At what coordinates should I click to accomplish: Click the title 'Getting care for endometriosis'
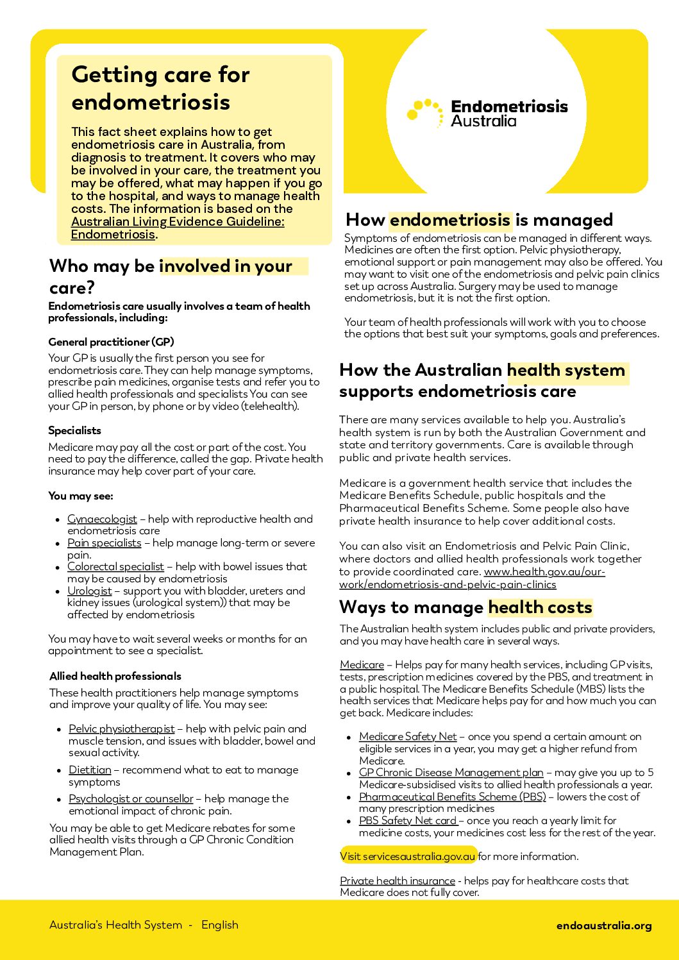coord(160,88)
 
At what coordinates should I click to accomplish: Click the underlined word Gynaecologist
coord(102,519)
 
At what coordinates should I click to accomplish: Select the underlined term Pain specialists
coord(104,543)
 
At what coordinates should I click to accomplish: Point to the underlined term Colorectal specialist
coord(115,566)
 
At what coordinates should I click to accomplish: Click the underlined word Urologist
coord(89,591)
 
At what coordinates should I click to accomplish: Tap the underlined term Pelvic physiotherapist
coord(121,728)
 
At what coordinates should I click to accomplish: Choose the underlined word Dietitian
coord(90,770)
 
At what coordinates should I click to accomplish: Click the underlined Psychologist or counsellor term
coord(131,798)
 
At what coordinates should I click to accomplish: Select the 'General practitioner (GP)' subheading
coord(111,342)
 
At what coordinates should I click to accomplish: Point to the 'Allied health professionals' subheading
coord(115,676)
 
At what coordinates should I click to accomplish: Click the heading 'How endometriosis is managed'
coord(479,220)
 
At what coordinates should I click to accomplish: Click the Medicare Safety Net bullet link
coord(408,736)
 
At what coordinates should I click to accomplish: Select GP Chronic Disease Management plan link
coord(451,772)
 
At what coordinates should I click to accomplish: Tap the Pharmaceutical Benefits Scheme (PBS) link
coord(452,796)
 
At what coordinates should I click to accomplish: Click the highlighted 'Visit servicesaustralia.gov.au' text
coord(408,856)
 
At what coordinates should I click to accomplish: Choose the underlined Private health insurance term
coord(397,880)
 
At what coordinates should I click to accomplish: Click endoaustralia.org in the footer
coord(603,925)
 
